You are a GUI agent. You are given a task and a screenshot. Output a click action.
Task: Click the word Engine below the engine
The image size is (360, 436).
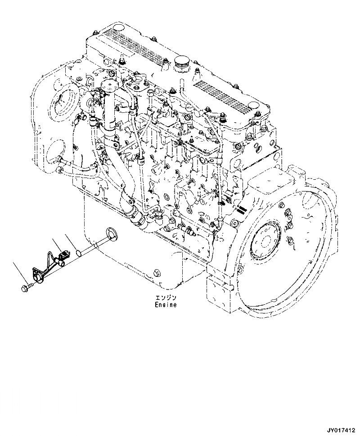pos(166,305)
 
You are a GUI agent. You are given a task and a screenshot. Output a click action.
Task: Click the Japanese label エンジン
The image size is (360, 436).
pos(166,298)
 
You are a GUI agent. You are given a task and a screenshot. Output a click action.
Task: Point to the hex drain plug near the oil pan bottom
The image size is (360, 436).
pos(156,272)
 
